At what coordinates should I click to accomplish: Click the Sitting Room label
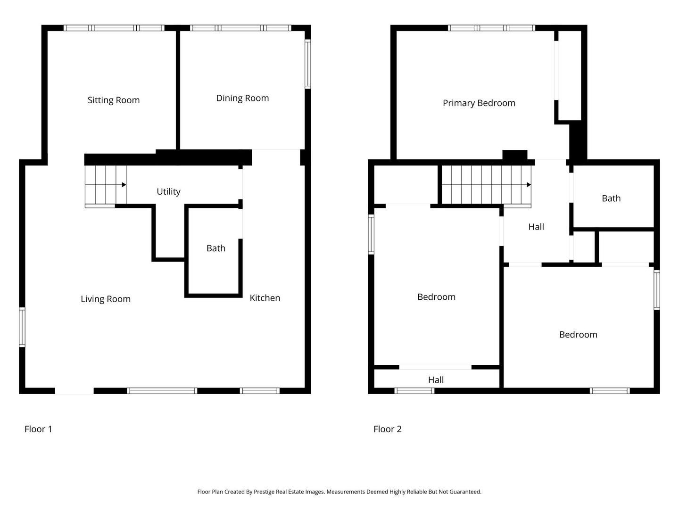[x=114, y=100]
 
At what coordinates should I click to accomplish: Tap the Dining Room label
[x=242, y=98]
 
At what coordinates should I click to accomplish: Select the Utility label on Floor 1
[x=168, y=192]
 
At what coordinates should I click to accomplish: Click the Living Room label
[x=106, y=299]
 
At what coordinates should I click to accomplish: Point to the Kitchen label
[x=265, y=298]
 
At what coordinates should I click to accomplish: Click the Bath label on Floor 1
[x=215, y=248]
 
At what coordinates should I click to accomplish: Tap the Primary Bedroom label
[x=479, y=103]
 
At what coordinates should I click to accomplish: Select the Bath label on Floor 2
[x=611, y=198]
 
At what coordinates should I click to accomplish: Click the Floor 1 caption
[x=38, y=429]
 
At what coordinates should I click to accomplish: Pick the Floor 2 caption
[x=387, y=429]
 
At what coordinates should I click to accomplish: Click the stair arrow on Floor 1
[x=106, y=185]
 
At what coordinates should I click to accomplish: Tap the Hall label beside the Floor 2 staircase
[x=536, y=227]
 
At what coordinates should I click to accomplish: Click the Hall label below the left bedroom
[x=436, y=380]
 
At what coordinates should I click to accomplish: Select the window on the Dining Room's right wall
[x=307, y=64]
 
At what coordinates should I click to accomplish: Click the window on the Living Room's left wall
[x=22, y=327]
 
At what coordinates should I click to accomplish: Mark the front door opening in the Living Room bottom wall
[x=74, y=391]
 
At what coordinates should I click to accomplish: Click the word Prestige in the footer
[x=265, y=492]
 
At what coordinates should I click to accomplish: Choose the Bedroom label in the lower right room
[x=578, y=335]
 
